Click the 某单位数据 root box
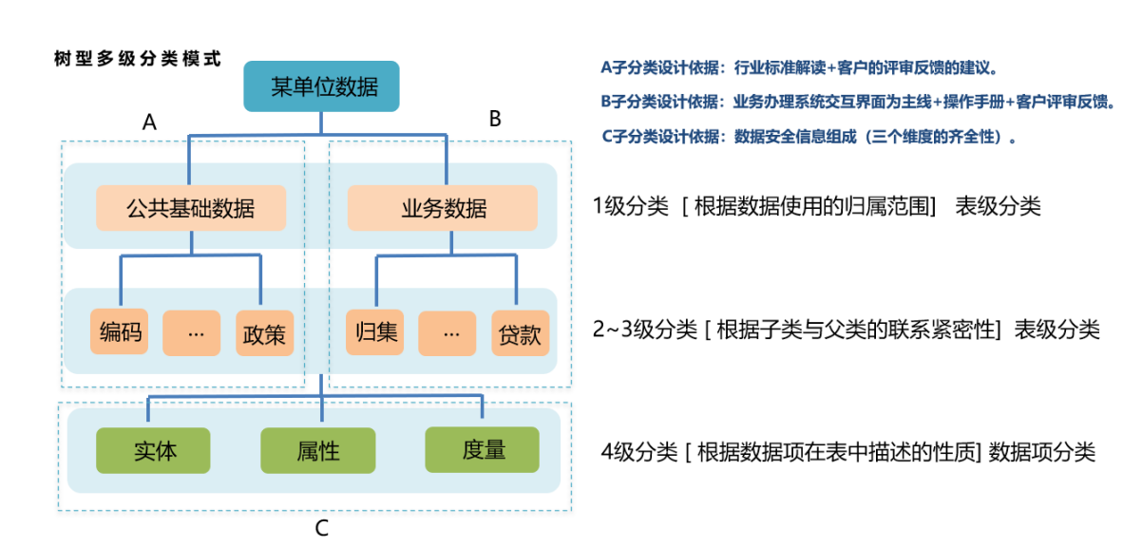point(322,86)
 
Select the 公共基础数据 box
point(191,207)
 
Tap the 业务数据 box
point(442,207)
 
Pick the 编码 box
point(120,332)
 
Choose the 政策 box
point(265,333)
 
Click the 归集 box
point(374,332)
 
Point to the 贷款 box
point(520,333)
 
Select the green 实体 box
point(155,450)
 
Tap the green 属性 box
point(318,450)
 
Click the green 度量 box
point(483,449)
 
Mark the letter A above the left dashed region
point(149,123)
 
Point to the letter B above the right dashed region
point(495,119)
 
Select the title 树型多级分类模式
point(138,58)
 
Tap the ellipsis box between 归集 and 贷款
point(447,333)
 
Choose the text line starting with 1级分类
point(816,206)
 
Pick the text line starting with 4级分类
point(848,451)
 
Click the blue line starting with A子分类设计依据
point(799,68)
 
